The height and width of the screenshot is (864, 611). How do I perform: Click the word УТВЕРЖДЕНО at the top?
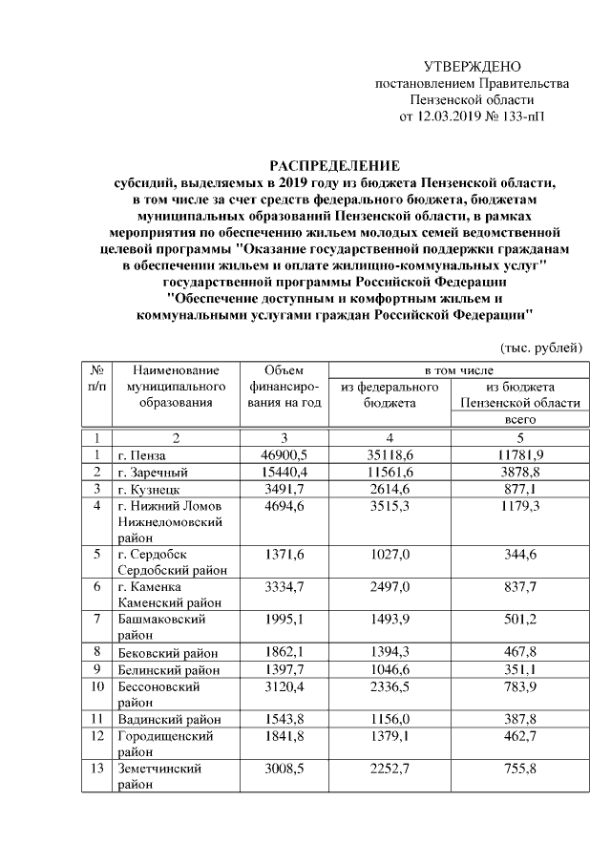(x=473, y=67)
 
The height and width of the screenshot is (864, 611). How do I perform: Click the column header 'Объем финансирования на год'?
(x=283, y=386)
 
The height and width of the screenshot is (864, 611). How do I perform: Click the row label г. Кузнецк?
(x=148, y=489)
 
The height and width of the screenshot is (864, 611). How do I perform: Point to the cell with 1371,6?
(x=283, y=555)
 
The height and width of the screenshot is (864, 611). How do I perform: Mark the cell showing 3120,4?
(x=283, y=686)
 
